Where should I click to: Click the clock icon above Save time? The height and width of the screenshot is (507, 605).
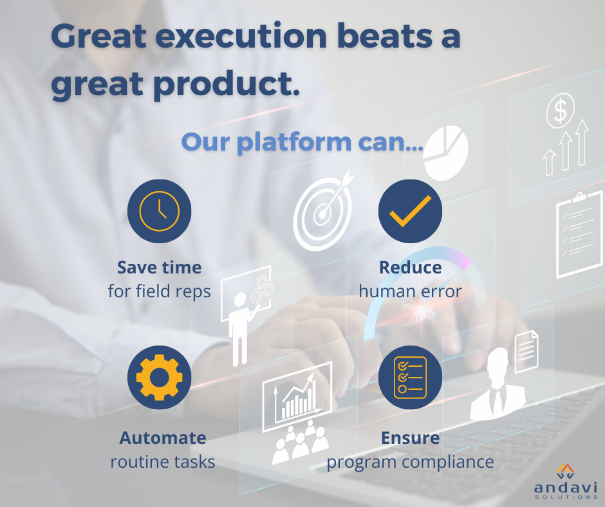click(160, 211)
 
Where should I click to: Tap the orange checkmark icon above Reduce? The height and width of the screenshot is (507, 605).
click(410, 211)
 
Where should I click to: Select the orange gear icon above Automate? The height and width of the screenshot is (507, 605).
click(160, 378)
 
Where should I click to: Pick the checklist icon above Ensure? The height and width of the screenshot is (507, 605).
click(410, 378)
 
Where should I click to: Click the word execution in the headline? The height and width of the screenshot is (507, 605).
click(241, 36)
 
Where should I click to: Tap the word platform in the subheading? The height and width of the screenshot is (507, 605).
click(294, 142)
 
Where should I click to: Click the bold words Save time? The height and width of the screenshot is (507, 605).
click(160, 268)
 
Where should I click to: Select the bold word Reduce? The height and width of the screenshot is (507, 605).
click(410, 268)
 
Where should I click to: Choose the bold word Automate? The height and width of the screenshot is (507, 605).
click(163, 438)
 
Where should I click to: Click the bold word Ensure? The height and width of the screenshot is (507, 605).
click(410, 438)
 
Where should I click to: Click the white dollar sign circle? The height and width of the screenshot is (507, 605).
click(560, 111)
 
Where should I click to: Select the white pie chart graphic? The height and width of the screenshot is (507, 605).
click(445, 152)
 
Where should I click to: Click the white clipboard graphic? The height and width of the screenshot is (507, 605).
click(579, 235)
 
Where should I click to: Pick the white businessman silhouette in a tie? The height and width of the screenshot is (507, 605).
click(498, 384)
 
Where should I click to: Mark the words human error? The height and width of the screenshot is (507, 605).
click(410, 291)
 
